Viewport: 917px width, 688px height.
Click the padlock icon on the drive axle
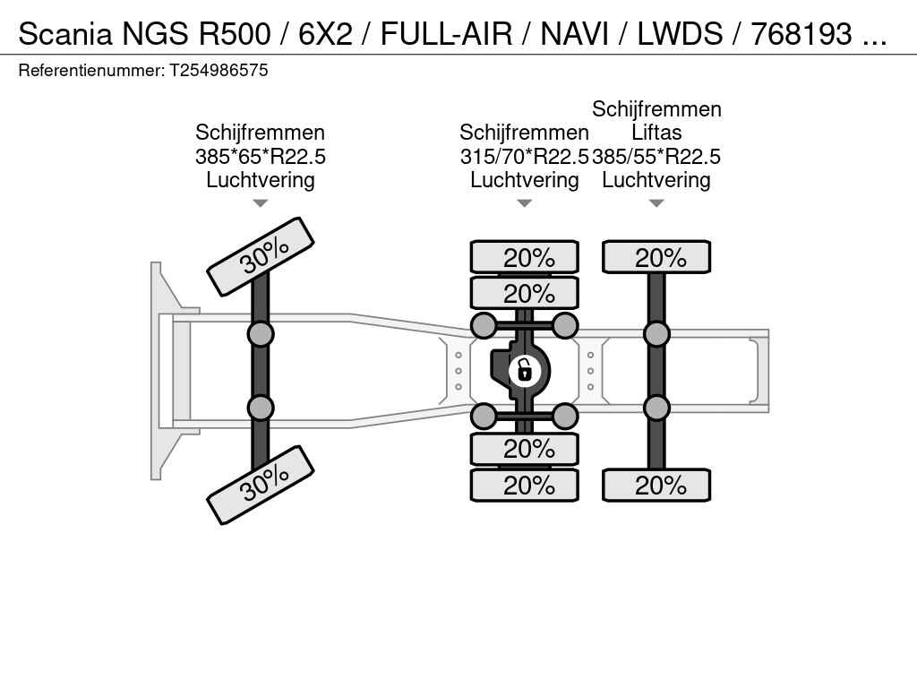pos(524,370)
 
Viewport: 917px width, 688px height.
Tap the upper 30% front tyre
pos(261,257)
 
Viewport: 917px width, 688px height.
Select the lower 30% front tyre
pos(261,485)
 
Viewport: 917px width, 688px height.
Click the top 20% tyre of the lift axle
pos(656,257)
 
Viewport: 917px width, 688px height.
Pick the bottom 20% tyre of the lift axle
pos(656,485)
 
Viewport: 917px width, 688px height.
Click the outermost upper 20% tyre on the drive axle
pos(525,257)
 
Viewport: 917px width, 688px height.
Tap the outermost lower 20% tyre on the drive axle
pos(525,485)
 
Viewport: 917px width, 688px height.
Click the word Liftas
pos(656,133)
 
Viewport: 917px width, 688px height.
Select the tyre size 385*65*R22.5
pos(261,157)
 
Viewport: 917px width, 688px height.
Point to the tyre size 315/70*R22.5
pos(524,157)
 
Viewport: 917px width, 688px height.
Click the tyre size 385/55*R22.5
pos(656,157)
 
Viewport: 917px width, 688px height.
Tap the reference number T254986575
pos(219,70)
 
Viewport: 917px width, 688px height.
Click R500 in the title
pos(236,34)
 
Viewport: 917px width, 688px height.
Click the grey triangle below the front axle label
pos(261,203)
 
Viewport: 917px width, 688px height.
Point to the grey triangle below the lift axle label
pos(656,203)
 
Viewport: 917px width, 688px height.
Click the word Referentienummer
pos(91,70)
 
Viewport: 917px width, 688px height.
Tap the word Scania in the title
pos(64,34)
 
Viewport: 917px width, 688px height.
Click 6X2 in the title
pos(326,34)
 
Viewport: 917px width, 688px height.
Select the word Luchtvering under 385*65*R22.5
pos(261,180)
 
